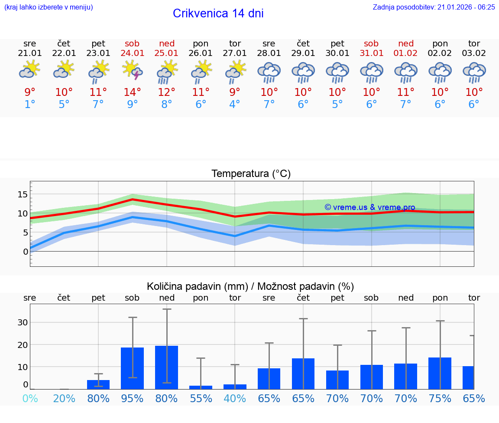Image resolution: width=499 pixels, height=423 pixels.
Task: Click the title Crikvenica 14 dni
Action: [x=218, y=13]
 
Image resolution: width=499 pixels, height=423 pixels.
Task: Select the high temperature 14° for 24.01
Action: [x=132, y=92]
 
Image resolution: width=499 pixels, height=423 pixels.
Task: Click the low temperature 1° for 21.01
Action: [x=29, y=104]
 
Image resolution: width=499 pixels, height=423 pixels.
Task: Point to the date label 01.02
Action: [x=405, y=53]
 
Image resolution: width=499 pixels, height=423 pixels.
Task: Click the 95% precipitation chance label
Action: [x=132, y=398]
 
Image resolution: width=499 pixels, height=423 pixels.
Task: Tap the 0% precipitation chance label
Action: [x=29, y=398]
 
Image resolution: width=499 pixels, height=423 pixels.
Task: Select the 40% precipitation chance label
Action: [x=234, y=398]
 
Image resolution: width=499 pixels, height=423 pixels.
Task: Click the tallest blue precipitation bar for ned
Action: [x=166, y=367]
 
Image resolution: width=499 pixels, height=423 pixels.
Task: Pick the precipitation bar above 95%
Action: [x=132, y=368]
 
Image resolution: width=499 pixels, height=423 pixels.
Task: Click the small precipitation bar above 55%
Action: [x=201, y=387]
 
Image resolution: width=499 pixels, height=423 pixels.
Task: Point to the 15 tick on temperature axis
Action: [x=23, y=194]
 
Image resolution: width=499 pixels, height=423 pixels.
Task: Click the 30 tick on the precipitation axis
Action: [x=23, y=322]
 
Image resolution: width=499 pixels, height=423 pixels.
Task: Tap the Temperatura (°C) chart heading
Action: [x=251, y=174]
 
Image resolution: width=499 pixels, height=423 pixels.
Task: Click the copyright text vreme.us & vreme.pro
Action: [x=369, y=207]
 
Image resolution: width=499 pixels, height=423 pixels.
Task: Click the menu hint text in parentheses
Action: [x=49, y=7]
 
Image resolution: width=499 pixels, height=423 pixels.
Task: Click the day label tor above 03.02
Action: [x=474, y=43]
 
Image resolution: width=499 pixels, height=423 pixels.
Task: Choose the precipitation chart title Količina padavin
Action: [x=250, y=286]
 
